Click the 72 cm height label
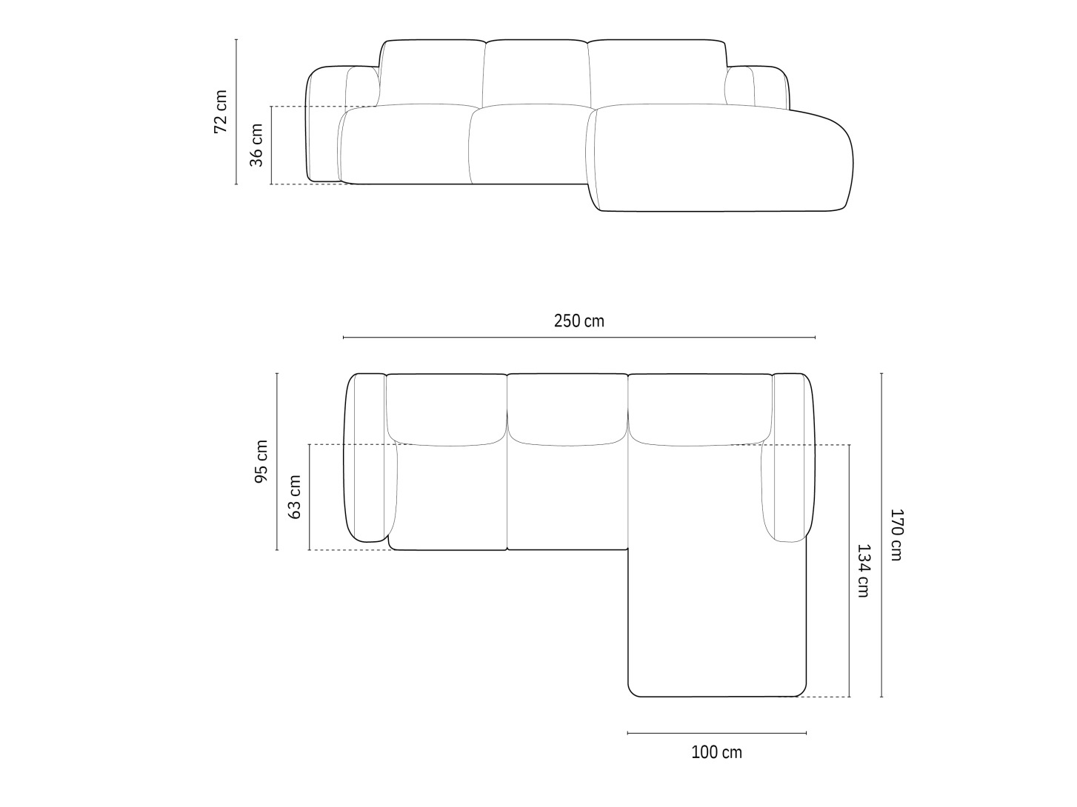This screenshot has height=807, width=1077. pyautogui.click(x=220, y=112)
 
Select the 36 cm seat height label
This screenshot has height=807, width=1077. pyautogui.click(x=256, y=145)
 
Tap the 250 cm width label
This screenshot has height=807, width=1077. pyautogui.click(x=578, y=321)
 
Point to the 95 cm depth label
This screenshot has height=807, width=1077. pyautogui.click(x=261, y=462)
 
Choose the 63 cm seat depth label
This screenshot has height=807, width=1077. pyautogui.click(x=294, y=497)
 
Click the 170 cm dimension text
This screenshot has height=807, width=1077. pyautogui.click(x=896, y=535)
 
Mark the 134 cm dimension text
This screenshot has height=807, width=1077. pyautogui.click(x=864, y=571)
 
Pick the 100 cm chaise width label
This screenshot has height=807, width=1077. pyautogui.click(x=716, y=753)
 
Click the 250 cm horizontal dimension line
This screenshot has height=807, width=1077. pyautogui.click(x=578, y=338)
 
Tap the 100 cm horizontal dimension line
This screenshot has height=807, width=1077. pyautogui.click(x=716, y=733)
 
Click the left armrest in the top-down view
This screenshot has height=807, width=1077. pyautogui.click(x=367, y=458)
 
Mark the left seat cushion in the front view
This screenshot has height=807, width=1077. pyautogui.click(x=407, y=144)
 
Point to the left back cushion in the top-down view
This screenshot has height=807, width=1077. pyautogui.click(x=446, y=409)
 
